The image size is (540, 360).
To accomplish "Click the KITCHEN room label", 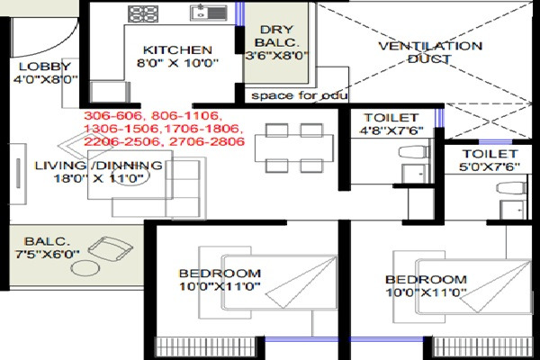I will coord(177,49).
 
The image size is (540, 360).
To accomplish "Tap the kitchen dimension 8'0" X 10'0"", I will coord(177,64).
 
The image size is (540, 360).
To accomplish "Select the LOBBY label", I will coord(39,66).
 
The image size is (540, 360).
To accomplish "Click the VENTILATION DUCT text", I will coord(429,52).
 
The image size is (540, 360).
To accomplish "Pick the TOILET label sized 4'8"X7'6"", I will coord(391,118).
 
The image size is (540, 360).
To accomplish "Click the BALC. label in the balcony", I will coord(41,241).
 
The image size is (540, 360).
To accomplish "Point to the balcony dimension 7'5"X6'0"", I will coord(41,255).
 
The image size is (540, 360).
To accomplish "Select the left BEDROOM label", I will coord(220,273).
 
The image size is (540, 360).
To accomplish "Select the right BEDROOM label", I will coord(426,280).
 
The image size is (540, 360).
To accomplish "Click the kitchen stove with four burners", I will coord(142,13).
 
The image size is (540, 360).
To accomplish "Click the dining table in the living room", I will coord(285,148).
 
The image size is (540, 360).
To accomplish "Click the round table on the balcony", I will coord(86,268).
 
